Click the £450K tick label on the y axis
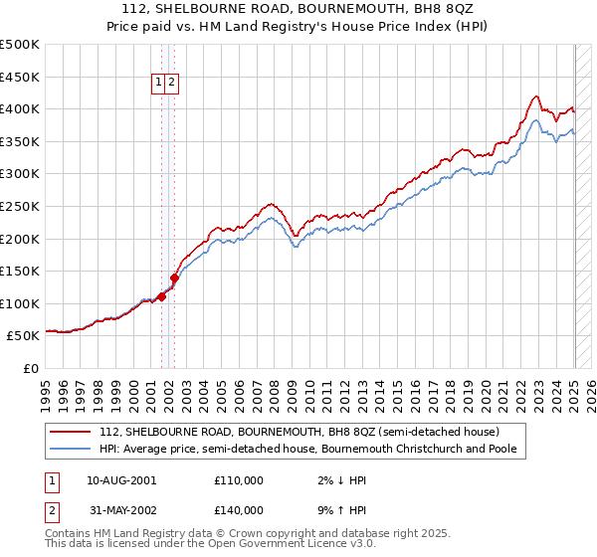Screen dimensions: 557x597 coord(20,77)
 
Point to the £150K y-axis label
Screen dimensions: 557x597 coord(20,271)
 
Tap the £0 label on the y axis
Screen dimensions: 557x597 coord(30,368)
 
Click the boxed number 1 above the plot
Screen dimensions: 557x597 coord(159,84)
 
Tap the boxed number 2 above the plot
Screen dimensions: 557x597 coord(172,84)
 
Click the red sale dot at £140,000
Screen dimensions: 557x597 coord(174,278)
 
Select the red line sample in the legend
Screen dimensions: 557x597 coord(70,432)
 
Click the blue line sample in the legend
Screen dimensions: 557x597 coord(70,449)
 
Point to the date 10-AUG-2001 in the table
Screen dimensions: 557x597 coord(122,480)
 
